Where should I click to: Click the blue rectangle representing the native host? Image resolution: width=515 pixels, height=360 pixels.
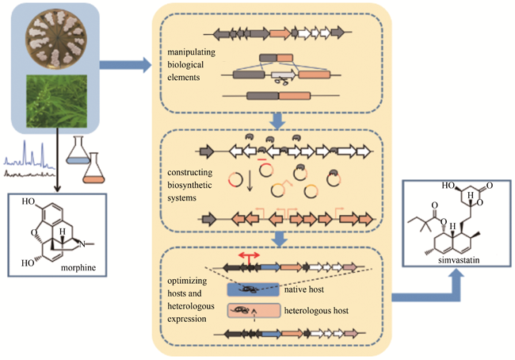(x=252, y=289)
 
